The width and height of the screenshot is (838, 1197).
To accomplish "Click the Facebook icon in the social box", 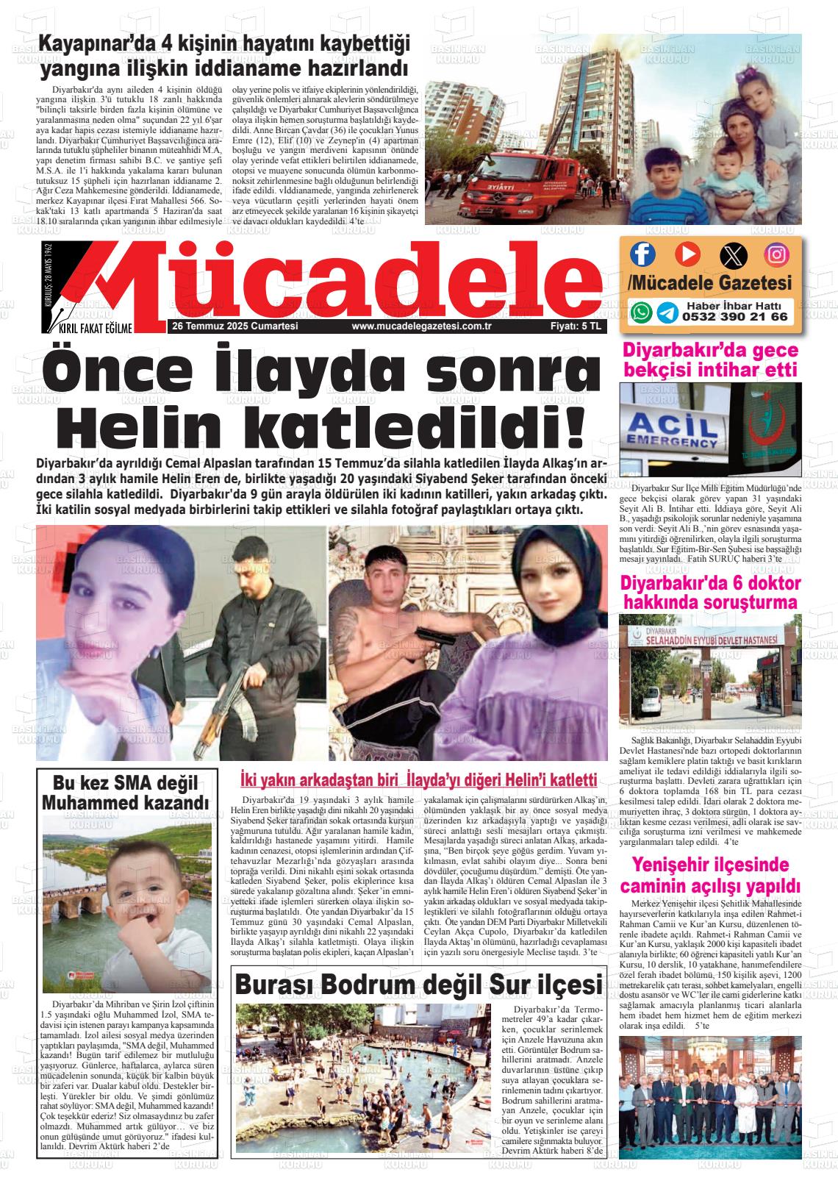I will pos(642,254).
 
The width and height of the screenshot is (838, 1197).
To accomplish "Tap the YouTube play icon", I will pos(687,254).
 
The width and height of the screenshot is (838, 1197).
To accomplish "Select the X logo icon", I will pos(732,255).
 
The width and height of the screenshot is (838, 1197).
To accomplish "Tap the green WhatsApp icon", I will pos(642,312).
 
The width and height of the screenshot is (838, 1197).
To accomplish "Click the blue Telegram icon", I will pos(667,312).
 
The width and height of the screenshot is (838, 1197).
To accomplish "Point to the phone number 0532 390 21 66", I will pos(734,317).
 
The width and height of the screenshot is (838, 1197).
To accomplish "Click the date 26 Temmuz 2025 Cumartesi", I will pos(234,326).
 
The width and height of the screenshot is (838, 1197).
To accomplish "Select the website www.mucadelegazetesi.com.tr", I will pos(421,326).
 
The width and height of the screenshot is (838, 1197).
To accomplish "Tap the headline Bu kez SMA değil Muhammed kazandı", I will pos(125,792).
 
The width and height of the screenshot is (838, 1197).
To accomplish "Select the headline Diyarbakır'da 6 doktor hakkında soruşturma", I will pos(710,593).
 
